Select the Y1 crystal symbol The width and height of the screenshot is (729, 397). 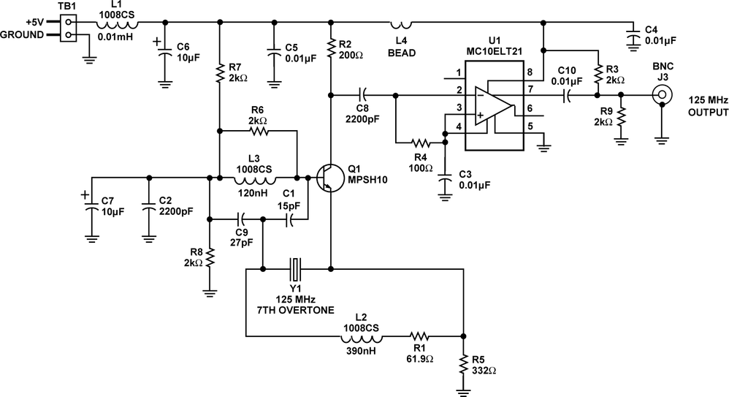[x=295, y=268]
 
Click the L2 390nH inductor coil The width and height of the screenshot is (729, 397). [x=360, y=337]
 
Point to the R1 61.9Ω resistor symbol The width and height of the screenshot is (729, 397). [x=423, y=337]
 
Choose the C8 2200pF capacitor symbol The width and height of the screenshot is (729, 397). [x=362, y=94]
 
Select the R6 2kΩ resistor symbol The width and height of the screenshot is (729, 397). [x=259, y=131]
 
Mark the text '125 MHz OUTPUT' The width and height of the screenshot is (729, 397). [x=707, y=106]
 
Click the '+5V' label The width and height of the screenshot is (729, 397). [x=34, y=22]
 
